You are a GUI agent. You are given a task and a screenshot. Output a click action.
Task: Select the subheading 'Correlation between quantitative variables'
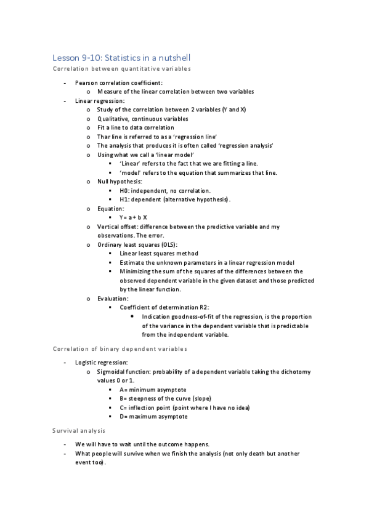[122, 68]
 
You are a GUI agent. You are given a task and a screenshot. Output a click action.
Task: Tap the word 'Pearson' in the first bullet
[86, 82]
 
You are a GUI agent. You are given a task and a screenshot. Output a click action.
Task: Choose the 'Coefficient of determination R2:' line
[164, 307]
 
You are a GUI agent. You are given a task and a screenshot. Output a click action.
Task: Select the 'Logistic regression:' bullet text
[102, 363]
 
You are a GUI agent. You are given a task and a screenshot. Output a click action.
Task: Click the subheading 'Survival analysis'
[79, 430]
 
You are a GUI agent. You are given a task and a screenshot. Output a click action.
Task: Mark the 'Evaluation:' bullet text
[113, 299]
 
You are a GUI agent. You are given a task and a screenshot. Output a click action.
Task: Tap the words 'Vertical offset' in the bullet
[118, 227]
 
